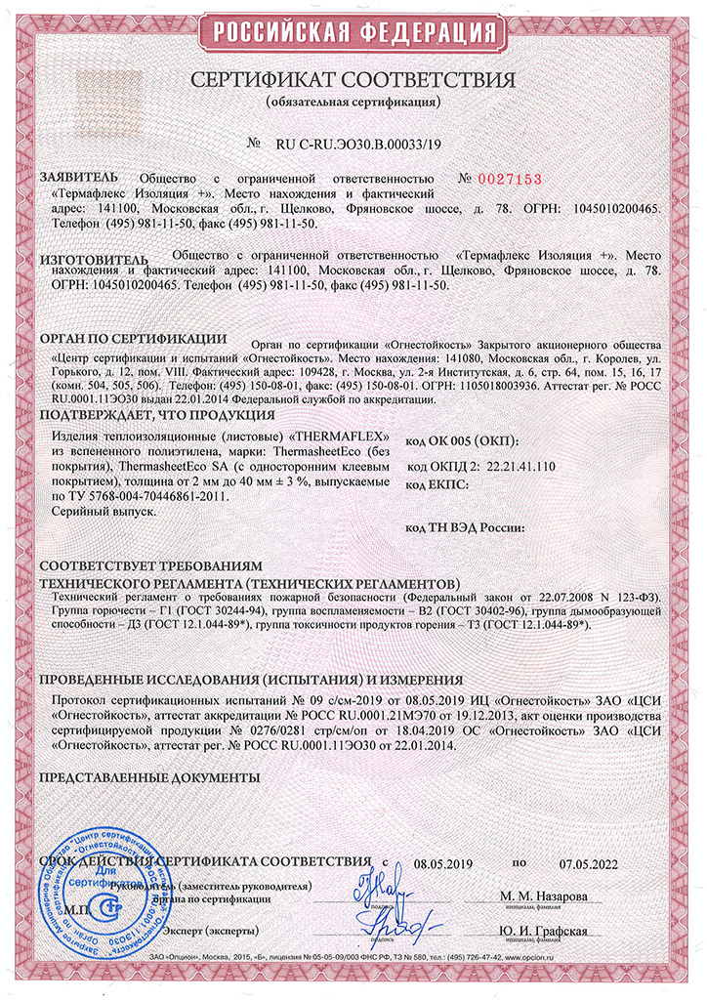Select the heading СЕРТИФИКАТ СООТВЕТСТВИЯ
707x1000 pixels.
point(353,78)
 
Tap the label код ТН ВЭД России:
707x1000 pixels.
point(465,528)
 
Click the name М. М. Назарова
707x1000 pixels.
point(544,896)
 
